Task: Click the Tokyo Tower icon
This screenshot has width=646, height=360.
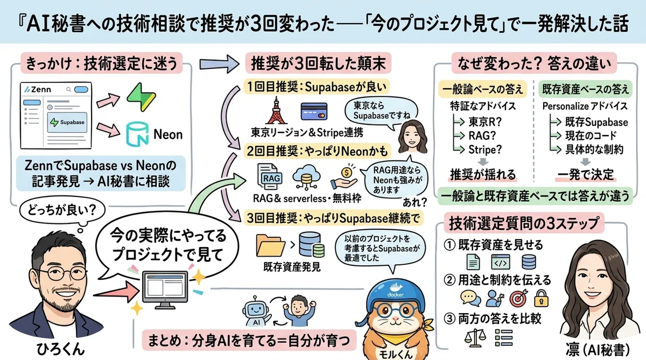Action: click(x=275, y=111)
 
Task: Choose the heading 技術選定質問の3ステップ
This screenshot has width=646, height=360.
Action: click(x=527, y=221)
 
